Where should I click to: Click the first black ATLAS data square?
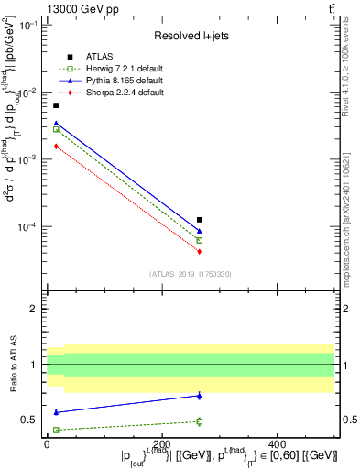(x=56, y=105)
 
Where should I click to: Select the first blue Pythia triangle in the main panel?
(x=56, y=123)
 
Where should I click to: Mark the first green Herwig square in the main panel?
(x=56, y=130)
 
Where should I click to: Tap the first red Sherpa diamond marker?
(x=56, y=146)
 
